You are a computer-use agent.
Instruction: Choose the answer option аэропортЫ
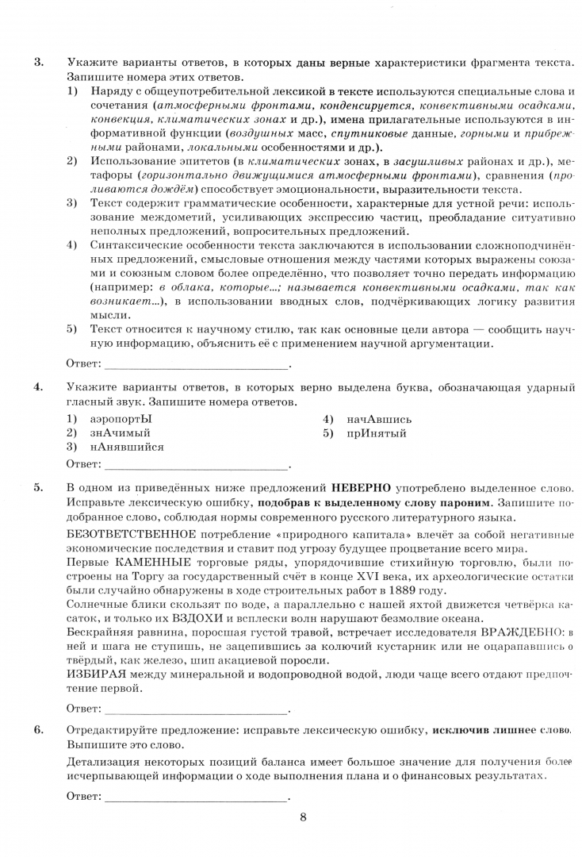tap(120, 419)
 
